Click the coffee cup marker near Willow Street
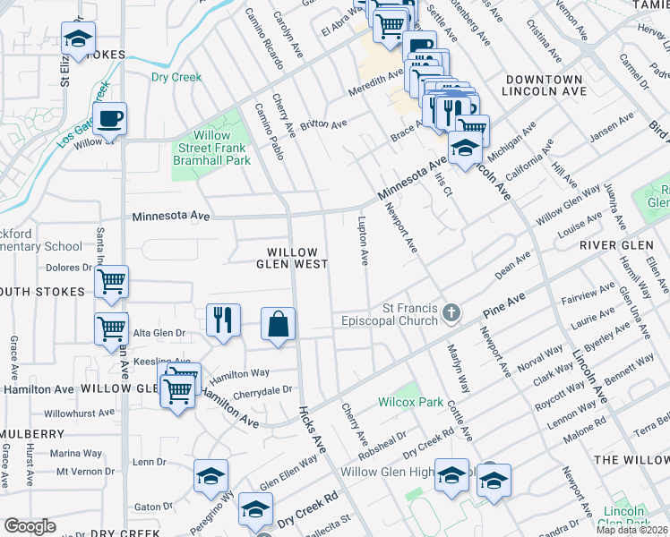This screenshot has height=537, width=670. (x=109, y=119)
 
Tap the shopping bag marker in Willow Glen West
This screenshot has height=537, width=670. (x=279, y=323)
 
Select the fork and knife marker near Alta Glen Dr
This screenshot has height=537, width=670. (x=223, y=320)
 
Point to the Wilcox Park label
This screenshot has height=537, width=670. (x=410, y=402)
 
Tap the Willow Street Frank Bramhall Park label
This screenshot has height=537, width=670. (x=211, y=148)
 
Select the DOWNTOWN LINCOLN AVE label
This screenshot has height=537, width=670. (x=543, y=85)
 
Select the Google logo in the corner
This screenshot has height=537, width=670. (x=30, y=526)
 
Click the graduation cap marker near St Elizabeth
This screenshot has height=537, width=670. (x=79, y=38)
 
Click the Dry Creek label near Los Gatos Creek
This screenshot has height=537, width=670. (x=176, y=77)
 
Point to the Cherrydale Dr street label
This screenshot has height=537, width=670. (x=263, y=390)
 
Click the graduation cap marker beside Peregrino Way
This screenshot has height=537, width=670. (x=210, y=476)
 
